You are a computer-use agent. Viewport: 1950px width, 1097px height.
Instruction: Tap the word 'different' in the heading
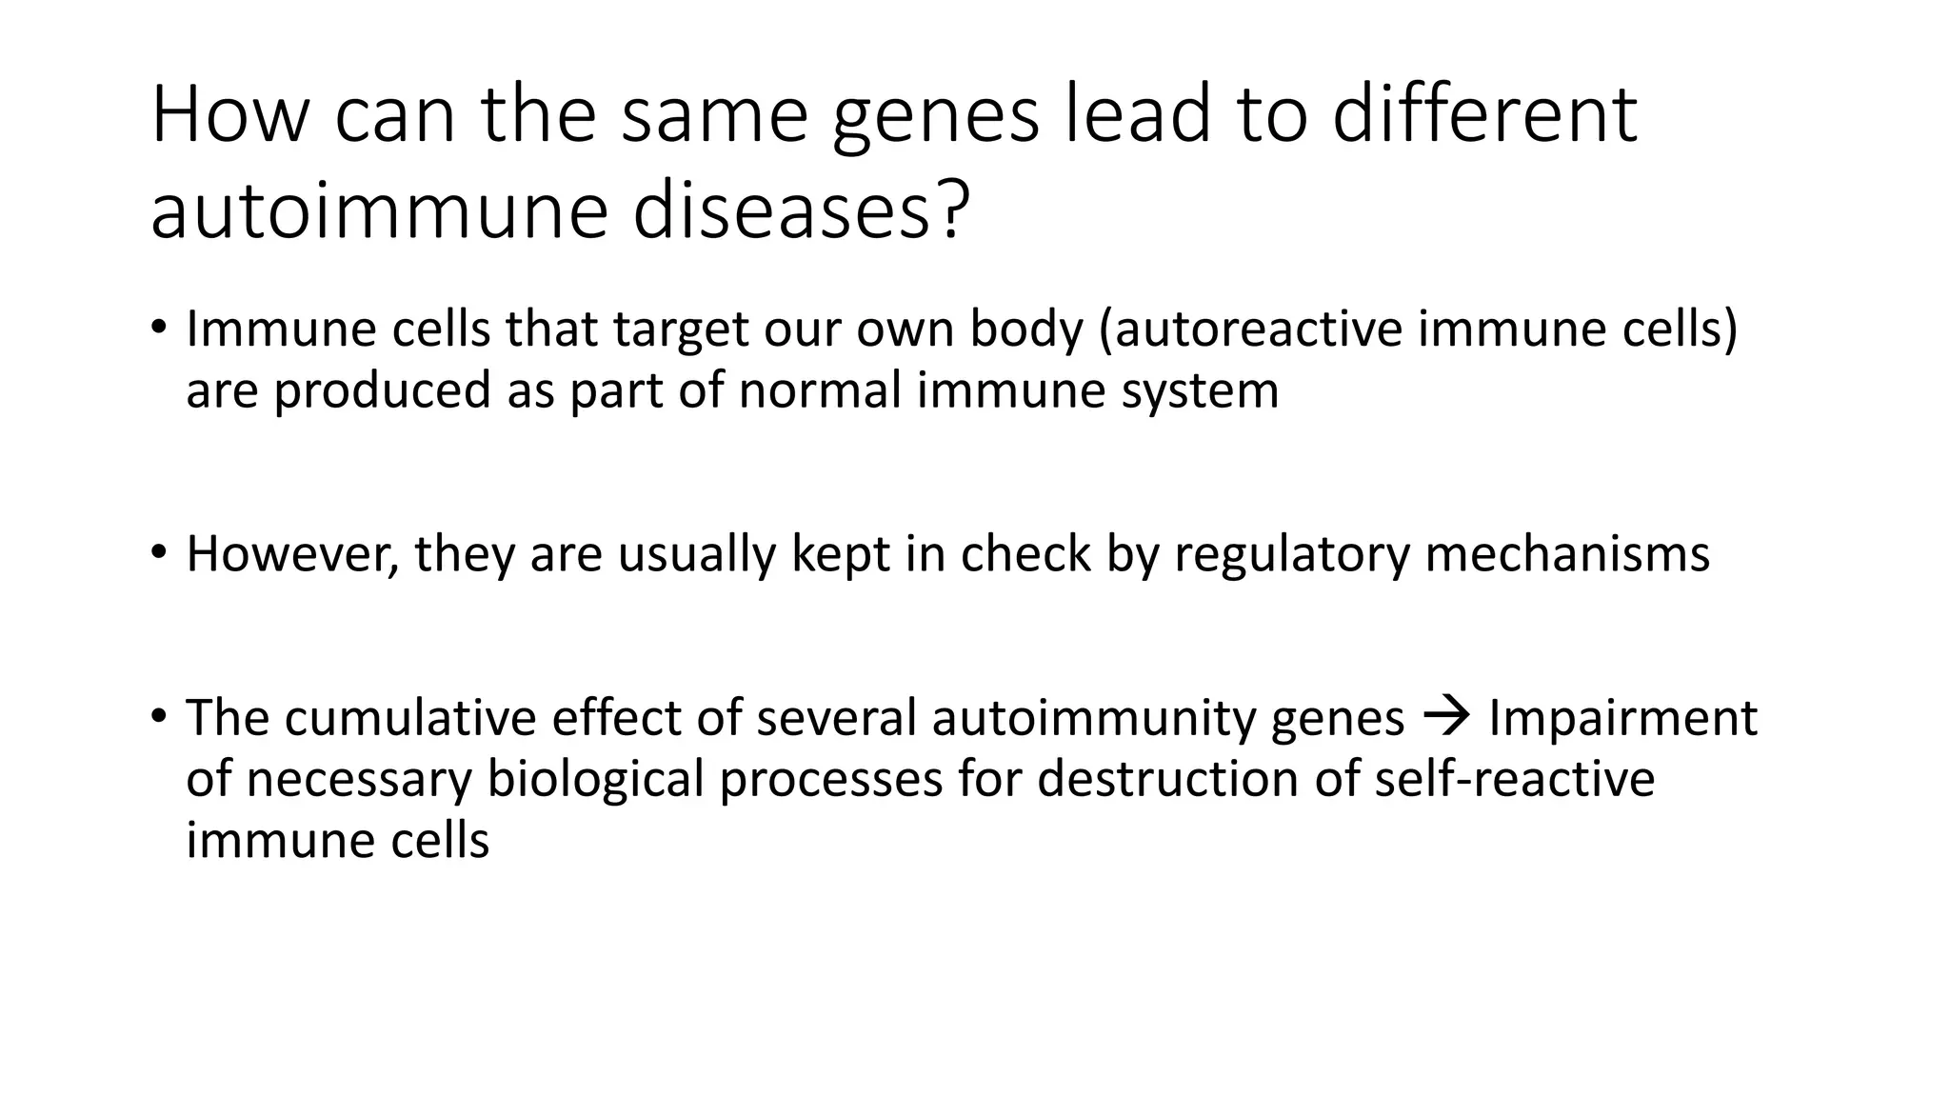[1484, 114]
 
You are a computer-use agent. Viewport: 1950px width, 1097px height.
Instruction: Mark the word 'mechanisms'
[1567, 554]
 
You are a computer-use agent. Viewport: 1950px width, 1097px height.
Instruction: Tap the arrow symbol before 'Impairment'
[1445, 716]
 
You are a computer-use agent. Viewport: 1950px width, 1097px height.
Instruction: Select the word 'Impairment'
[1622, 717]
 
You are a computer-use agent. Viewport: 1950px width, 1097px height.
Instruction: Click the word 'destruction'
[1167, 779]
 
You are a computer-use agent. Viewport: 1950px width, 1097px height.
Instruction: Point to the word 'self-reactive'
[1514, 779]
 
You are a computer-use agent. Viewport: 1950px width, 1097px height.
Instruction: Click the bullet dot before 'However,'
[158, 551]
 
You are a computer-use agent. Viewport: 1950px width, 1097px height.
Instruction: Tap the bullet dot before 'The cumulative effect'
[158, 714]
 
